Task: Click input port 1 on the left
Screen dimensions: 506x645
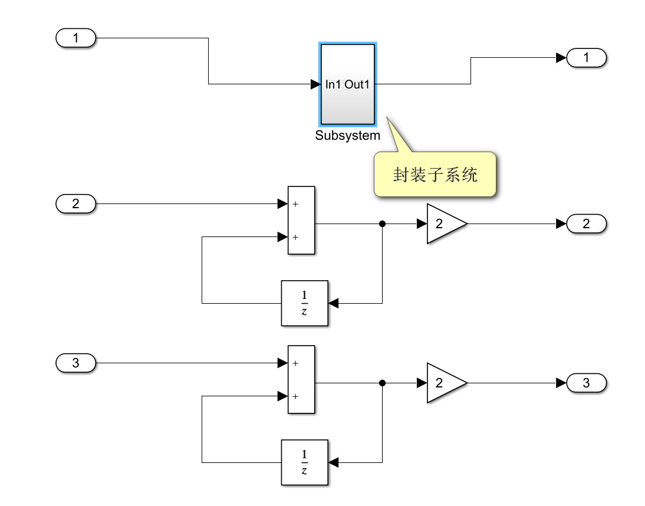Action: coord(75,38)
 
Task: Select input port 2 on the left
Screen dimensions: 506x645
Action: coord(75,205)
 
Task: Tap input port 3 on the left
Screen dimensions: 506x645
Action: coord(75,363)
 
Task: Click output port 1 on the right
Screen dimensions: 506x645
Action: coord(586,58)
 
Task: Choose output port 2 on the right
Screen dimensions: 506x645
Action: coord(586,224)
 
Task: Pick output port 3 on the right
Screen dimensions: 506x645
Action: coord(586,383)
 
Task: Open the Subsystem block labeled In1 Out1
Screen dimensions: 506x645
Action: coord(347,84)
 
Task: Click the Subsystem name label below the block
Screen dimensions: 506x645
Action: coord(347,136)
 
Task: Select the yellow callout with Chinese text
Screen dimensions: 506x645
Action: coord(435,175)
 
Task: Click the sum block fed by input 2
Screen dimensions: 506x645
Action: coord(301,221)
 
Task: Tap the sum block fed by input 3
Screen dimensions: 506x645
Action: coord(301,379)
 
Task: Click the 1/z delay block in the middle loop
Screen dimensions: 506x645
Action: coord(304,303)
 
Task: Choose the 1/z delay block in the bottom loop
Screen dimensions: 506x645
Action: coord(304,462)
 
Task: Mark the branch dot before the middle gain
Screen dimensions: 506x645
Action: coord(382,224)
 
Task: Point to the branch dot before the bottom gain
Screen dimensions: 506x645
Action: coord(382,383)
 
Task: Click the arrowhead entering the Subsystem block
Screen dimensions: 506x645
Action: coord(315,84)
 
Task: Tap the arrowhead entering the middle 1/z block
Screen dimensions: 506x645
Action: coord(334,303)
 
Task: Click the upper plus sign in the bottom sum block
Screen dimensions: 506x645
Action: coord(295,363)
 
